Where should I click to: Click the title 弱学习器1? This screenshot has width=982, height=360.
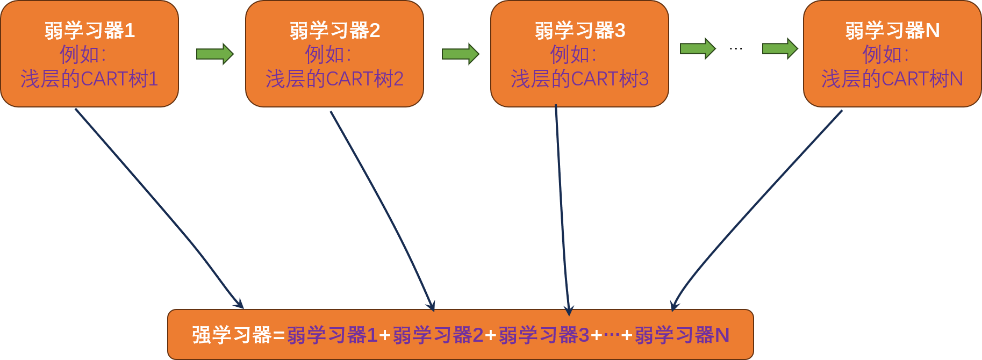(90, 31)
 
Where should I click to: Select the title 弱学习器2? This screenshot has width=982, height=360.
(335, 31)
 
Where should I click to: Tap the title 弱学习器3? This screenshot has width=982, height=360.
(580, 31)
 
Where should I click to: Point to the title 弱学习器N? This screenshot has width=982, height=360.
(892, 31)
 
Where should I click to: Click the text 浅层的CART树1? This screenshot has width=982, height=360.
(89, 79)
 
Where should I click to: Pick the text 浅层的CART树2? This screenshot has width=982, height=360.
(334, 79)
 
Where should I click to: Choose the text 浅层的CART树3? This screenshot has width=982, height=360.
(579, 79)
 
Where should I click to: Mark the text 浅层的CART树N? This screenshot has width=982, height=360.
(892, 79)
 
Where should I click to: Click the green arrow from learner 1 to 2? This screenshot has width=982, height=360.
(214, 54)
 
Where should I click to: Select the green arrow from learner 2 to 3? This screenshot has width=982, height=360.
(460, 54)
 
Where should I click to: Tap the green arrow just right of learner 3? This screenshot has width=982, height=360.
(698, 49)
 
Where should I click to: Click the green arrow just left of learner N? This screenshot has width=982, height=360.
(780, 49)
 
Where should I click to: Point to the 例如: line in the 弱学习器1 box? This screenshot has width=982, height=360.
(83, 54)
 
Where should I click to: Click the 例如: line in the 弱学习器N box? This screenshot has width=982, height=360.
(885, 54)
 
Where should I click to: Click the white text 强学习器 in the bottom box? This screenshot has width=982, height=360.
(232, 335)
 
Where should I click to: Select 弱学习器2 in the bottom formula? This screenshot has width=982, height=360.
(438, 335)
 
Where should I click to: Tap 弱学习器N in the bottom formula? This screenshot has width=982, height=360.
(682, 335)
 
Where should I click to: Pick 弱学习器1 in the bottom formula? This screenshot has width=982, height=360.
(332, 335)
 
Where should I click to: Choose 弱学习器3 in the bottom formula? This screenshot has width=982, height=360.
(544, 335)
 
